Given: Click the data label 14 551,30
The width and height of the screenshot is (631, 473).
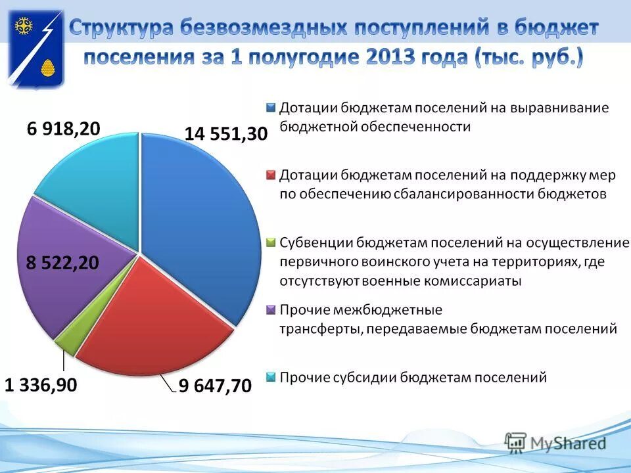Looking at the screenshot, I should [226, 134].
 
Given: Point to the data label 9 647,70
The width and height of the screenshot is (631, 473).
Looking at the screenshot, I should [215, 386].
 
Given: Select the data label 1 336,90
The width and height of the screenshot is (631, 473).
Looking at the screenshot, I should [41, 384].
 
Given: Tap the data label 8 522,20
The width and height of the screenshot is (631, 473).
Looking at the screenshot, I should [62, 263].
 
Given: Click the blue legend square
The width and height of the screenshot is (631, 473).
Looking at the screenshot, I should [271, 108].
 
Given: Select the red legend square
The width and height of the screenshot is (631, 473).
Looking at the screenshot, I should [271, 175].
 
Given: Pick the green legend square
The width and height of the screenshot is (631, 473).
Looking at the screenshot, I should [271, 243].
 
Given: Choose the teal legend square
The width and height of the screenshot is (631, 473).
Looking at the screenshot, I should [271, 378].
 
